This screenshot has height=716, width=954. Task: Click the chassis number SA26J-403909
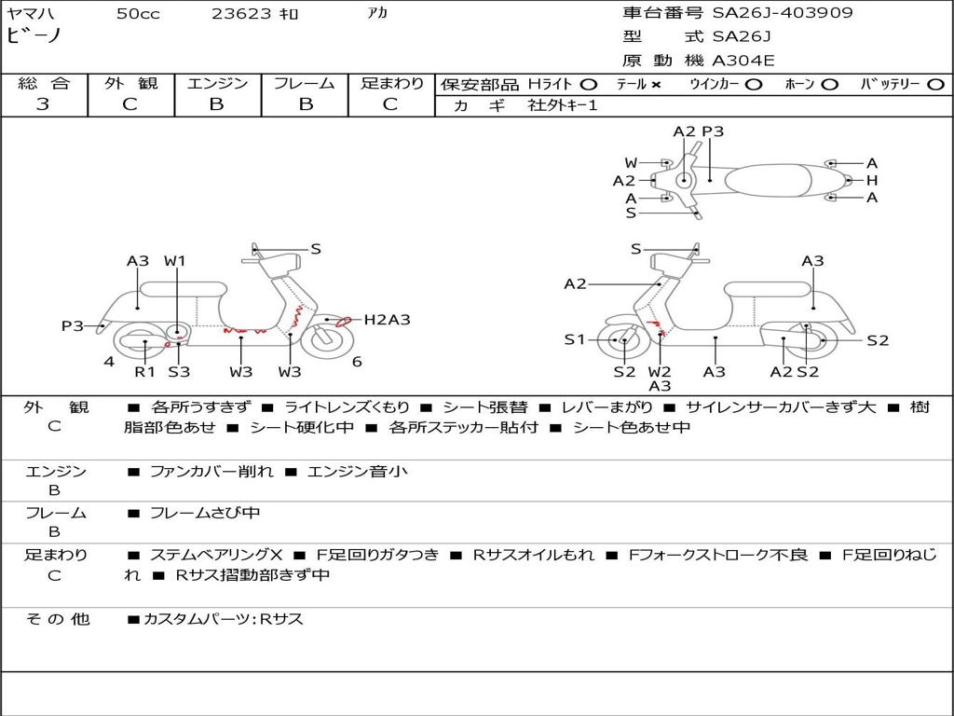[783, 13]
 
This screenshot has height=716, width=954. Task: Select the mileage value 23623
[241, 14]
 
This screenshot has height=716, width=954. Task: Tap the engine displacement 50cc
[138, 14]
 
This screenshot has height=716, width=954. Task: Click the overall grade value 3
[43, 104]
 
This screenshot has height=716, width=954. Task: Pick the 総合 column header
[44, 83]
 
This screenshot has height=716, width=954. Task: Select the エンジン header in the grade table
[217, 83]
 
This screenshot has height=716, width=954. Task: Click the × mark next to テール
[656, 84]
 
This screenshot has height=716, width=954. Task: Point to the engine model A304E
[743, 62]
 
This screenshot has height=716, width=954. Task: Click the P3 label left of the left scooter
[73, 325]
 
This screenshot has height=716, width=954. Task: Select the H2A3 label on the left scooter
[387, 320]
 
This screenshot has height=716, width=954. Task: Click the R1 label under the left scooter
[144, 372]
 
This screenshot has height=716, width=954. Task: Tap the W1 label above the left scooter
[175, 261]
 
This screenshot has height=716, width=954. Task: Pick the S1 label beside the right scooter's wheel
[575, 340]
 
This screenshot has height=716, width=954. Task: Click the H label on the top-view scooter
[872, 180]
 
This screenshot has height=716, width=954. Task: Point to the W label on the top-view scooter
[631, 163]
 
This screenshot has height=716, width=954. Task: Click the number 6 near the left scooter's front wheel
[357, 362]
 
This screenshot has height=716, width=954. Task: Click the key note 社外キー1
[563, 105]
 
